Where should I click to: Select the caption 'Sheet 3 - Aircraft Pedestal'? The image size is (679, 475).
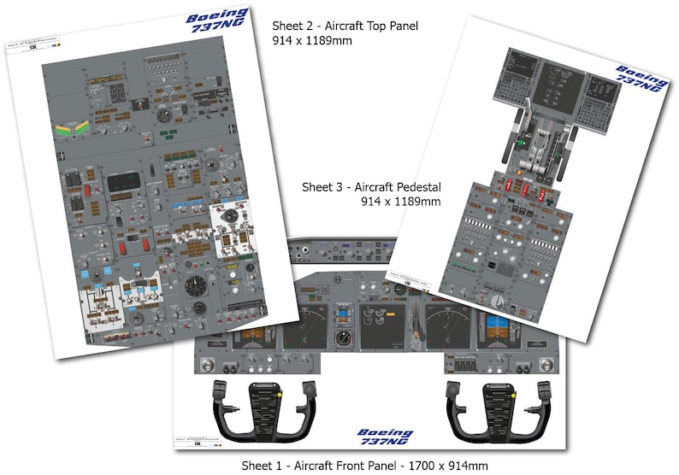click(x=371, y=186)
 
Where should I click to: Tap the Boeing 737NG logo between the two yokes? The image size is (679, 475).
click(x=384, y=438)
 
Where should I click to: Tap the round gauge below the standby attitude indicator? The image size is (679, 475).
click(x=343, y=338)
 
